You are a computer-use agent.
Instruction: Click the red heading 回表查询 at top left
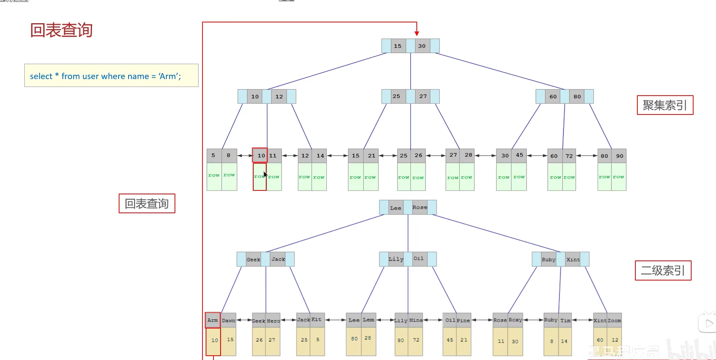click(x=61, y=30)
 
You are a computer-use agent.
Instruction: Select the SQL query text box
click(x=111, y=76)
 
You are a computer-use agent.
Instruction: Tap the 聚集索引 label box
click(x=665, y=105)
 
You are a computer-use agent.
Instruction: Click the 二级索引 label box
click(x=663, y=271)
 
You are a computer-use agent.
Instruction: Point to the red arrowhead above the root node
click(x=417, y=33)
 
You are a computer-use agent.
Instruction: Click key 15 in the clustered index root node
click(x=398, y=46)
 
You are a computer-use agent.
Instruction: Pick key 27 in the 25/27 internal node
click(x=423, y=96)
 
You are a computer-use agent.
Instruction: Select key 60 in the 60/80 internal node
click(x=553, y=97)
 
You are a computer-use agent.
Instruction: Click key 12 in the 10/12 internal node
click(x=279, y=97)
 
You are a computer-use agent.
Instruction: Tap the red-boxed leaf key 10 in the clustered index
click(x=261, y=155)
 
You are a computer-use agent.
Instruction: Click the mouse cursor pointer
click(x=265, y=175)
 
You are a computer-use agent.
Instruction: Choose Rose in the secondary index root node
click(x=420, y=207)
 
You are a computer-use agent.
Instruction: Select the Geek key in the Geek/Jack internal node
click(x=253, y=259)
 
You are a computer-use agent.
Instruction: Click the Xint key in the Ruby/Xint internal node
click(x=573, y=259)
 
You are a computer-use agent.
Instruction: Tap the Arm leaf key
click(x=213, y=320)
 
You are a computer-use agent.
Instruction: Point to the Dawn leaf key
click(x=228, y=320)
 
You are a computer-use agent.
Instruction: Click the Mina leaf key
click(x=416, y=320)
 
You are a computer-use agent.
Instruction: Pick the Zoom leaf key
click(x=615, y=320)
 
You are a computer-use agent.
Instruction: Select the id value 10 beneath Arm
click(x=215, y=340)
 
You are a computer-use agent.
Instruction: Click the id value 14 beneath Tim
click(x=564, y=341)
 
